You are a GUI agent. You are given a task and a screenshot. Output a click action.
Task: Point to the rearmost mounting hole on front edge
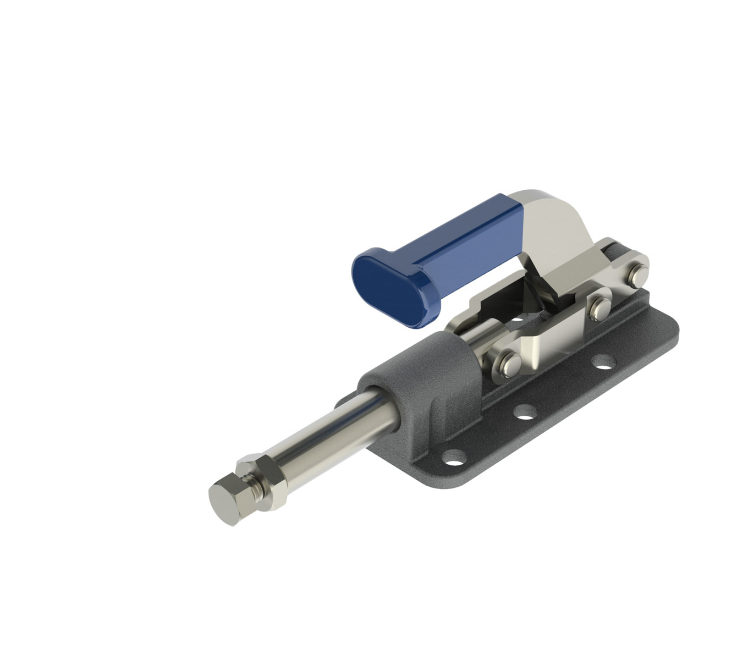(604, 362)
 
